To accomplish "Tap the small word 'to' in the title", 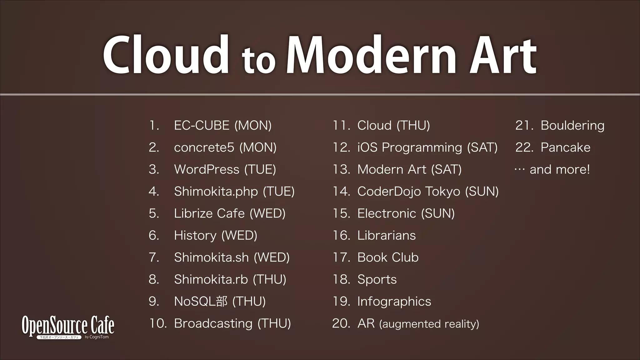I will pyautogui.click(x=258, y=61).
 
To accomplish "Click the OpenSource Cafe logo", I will pyautogui.click(x=68, y=327).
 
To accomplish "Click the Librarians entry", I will pyautogui.click(x=386, y=236).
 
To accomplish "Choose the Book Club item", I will pyautogui.click(x=388, y=257).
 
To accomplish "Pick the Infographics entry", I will pyautogui.click(x=394, y=302).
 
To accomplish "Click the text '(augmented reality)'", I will pyautogui.click(x=429, y=324).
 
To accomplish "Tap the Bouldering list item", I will pyautogui.click(x=572, y=126).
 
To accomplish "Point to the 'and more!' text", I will pyautogui.click(x=559, y=170).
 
